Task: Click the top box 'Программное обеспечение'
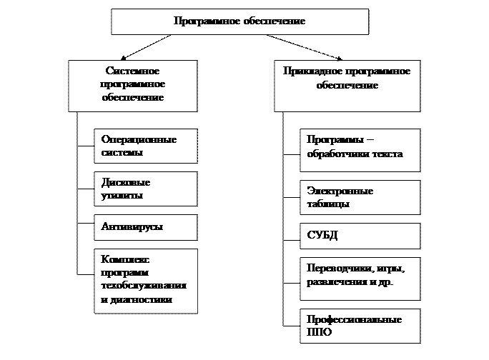tap(239, 21)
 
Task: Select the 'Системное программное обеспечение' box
tap(132, 85)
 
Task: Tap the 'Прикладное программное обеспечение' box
tap(347, 85)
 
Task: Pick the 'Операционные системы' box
tap(145, 146)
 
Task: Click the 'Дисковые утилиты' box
tap(145, 189)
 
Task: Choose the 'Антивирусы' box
tap(145, 227)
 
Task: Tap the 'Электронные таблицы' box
tap(359, 198)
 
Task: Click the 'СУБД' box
tap(359, 235)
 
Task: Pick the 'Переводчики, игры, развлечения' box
tap(359, 276)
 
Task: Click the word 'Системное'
tap(132, 71)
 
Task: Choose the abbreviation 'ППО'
tap(319, 333)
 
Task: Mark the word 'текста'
tap(387, 154)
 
